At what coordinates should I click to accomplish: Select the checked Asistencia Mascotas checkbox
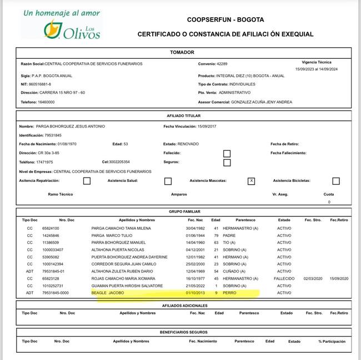[251, 181]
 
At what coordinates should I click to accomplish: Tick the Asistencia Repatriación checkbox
[87, 181]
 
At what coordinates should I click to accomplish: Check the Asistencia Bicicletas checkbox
[336, 181]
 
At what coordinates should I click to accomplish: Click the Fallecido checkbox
[227, 153]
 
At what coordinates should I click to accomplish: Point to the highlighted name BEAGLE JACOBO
[108, 293]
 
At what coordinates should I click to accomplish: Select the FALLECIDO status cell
[284, 278]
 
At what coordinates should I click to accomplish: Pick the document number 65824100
[51, 228]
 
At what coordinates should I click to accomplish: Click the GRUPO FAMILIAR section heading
[184, 212]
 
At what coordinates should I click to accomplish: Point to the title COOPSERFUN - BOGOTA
[225, 19]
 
